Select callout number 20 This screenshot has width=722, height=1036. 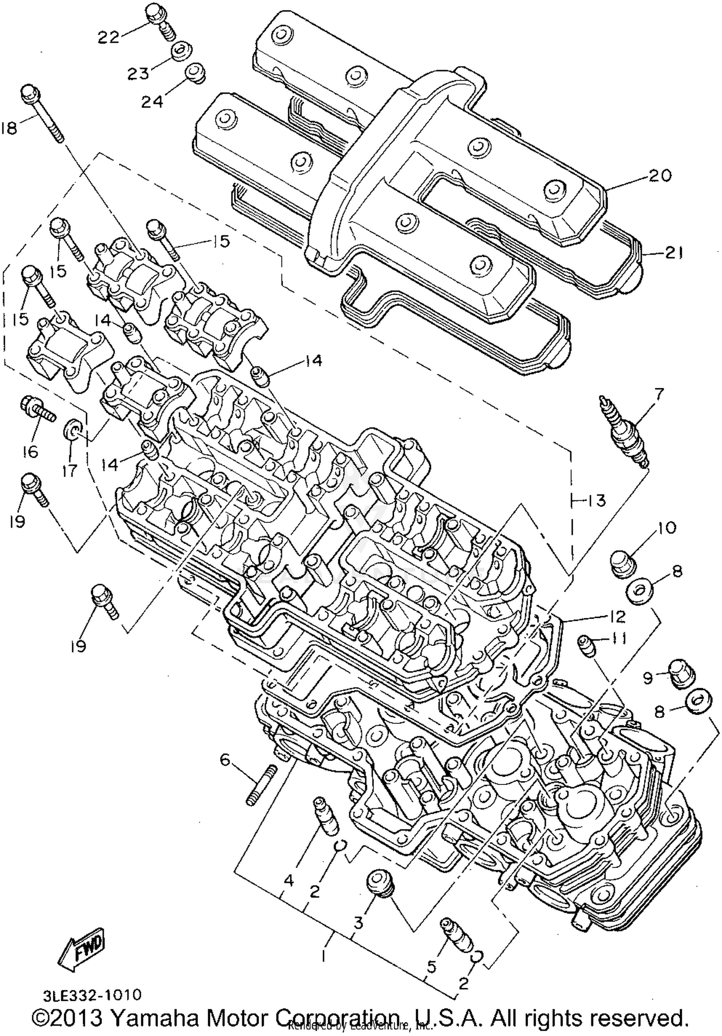click(x=659, y=176)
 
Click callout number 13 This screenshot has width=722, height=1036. click(x=597, y=501)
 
